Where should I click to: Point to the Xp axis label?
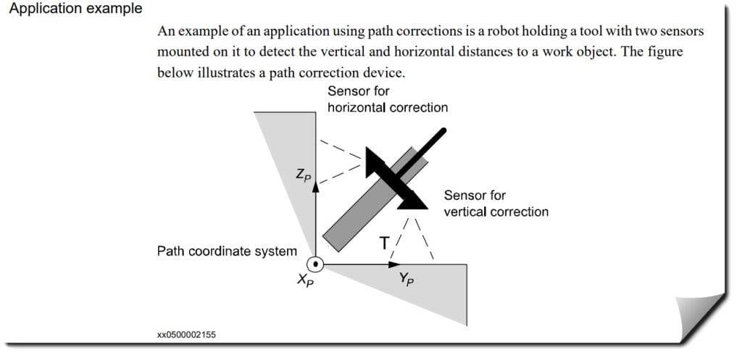[305, 280]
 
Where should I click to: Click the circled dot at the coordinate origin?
[315, 264]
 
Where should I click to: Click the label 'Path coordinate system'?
[227, 251]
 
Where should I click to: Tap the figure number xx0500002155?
[186, 335]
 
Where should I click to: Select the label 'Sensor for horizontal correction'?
[387, 99]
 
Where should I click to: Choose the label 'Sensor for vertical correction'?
[496, 204]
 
